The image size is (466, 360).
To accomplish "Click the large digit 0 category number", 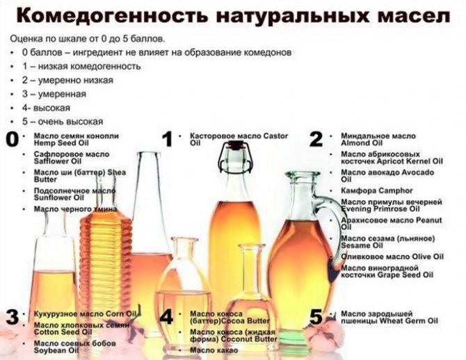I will click(12, 139).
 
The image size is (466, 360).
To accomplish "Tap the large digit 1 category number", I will click(167, 139).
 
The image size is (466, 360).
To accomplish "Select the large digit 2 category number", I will click(316, 139).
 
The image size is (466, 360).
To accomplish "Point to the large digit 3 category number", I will click(12, 318).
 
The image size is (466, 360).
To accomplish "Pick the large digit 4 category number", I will click(167, 318).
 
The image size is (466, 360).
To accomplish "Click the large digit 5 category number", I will click(316, 318).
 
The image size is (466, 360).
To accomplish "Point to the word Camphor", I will click(396, 190).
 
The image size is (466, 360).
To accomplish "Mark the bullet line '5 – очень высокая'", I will click(62, 121).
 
